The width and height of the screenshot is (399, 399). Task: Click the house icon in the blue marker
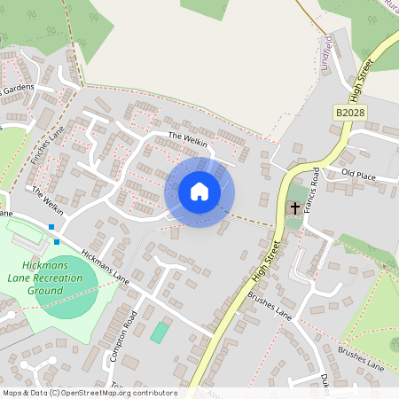[x=199, y=192]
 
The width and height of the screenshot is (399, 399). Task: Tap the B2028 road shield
[x=351, y=113]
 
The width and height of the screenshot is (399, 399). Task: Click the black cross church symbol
[x=295, y=208]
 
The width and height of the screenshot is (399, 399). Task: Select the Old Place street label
[x=358, y=175]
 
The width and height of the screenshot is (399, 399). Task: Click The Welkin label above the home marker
[x=186, y=138]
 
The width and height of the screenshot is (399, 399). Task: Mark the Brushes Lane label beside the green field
[x=360, y=359]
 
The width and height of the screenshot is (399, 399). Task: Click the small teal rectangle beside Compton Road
[x=160, y=332]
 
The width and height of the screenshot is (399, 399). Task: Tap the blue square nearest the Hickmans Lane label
[x=57, y=240]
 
